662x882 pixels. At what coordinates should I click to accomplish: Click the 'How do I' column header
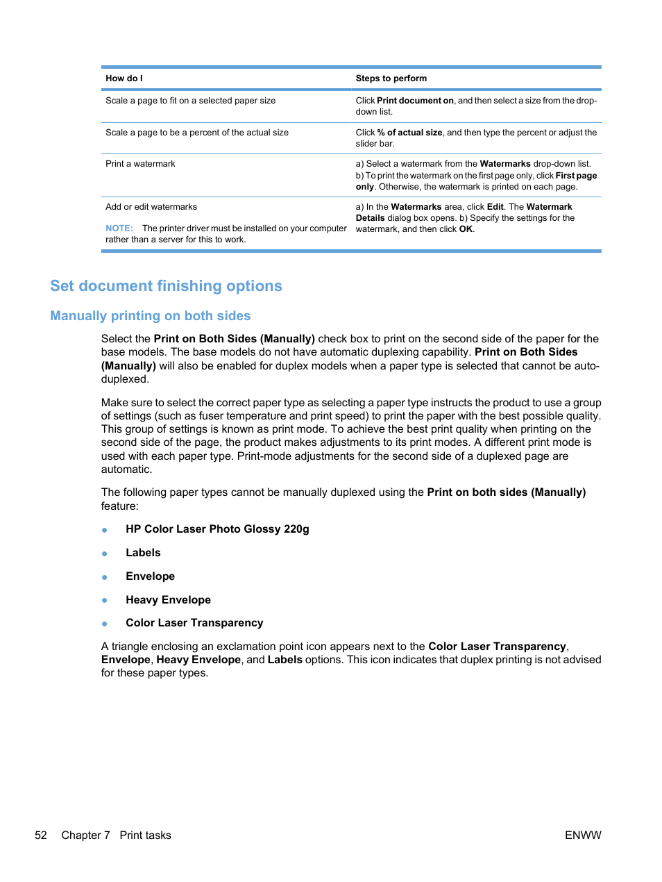tap(124, 78)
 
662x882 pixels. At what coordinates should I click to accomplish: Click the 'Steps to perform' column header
tap(391, 78)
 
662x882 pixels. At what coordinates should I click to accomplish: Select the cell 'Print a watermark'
tap(140, 164)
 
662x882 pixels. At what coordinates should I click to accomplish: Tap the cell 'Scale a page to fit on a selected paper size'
tap(190, 101)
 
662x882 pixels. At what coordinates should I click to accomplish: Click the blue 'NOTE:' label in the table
tap(119, 228)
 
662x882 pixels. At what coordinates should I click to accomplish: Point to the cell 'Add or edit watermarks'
tap(151, 207)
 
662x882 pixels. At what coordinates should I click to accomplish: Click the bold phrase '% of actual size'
tap(409, 133)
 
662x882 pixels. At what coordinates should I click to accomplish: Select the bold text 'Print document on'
tap(414, 101)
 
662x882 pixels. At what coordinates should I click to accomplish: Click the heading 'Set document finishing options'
tap(166, 286)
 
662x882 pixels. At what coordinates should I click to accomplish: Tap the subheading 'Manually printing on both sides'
tap(150, 316)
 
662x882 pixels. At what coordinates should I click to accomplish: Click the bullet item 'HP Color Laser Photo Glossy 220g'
tap(217, 529)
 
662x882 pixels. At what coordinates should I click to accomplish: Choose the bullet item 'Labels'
tap(143, 553)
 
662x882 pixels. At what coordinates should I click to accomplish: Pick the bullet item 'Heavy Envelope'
tap(168, 600)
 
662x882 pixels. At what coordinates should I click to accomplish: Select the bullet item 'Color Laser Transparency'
tap(194, 623)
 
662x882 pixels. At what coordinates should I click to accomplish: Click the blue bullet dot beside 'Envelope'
tap(105, 577)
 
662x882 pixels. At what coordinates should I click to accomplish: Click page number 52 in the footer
tap(41, 835)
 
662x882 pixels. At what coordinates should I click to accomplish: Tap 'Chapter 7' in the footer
tap(85, 835)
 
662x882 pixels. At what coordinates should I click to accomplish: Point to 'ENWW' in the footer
tap(582, 835)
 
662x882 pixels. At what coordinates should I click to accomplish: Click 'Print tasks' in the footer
tap(145, 835)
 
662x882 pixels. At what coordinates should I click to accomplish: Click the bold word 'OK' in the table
tap(466, 229)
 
